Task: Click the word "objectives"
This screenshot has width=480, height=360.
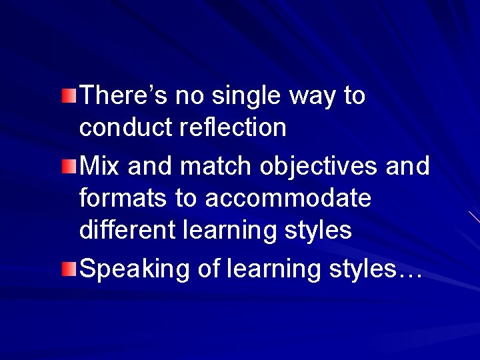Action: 319,167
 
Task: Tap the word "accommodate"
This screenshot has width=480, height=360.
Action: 288,198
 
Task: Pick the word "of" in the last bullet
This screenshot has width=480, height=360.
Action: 209,269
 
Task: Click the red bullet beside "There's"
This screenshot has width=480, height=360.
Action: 70,96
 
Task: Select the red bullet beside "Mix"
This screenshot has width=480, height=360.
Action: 70,166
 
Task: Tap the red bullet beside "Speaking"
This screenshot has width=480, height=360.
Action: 70,269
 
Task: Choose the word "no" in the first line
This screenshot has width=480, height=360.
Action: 191,97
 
